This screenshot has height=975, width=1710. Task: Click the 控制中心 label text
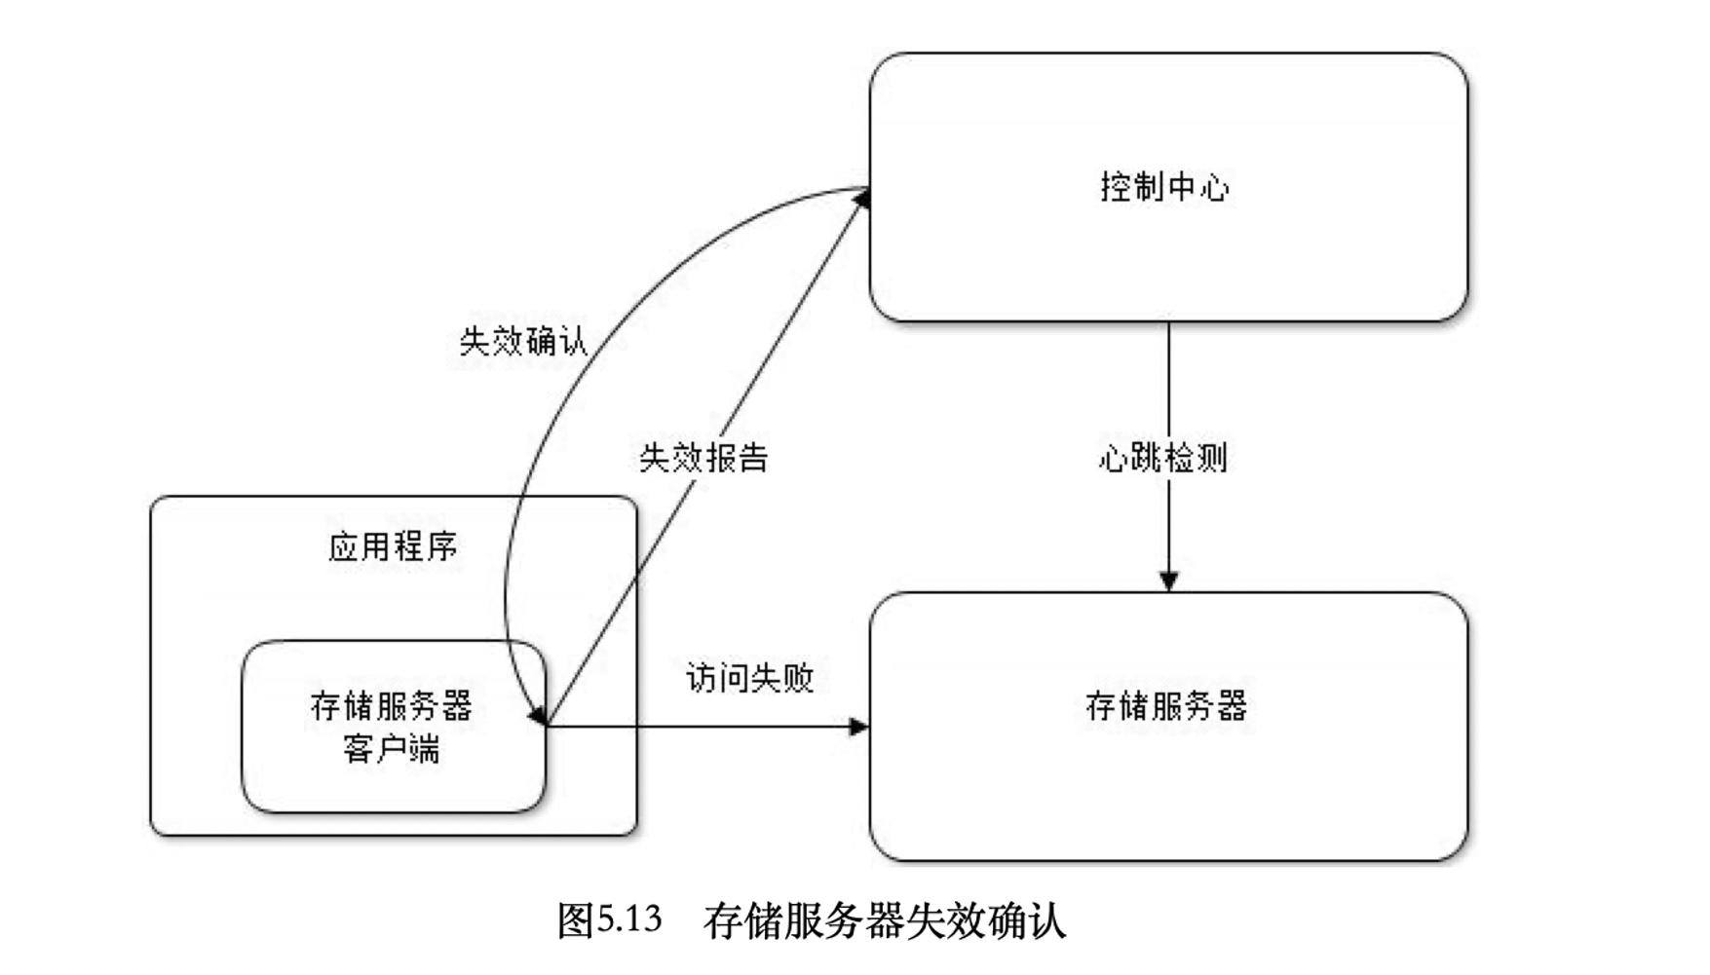tap(1164, 186)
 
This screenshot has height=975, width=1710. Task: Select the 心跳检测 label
tap(1162, 457)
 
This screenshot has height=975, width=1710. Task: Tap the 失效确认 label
tap(523, 341)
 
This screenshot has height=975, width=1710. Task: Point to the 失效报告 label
tap(703, 457)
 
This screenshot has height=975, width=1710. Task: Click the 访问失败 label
tap(749, 678)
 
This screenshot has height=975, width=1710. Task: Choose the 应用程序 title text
tap(393, 546)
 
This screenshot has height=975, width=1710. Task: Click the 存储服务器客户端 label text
tap(392, 727)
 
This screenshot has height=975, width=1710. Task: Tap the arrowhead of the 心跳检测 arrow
tap(1169, 581)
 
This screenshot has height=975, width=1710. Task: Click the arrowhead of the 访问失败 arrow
tap(858, 727)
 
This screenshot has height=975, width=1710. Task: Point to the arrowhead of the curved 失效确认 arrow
tap(537, 716)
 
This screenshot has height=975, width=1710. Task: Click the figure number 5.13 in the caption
tap(629, 919)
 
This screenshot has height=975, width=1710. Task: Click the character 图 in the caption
tap(575, 919)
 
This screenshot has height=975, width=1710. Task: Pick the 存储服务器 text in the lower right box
tap(1166, 706)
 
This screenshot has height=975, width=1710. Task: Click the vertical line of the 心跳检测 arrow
tap(1169, 390)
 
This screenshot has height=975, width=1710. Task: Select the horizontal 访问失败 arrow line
tap(702, 727)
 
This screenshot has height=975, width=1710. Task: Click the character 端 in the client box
tap(424, 749)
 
